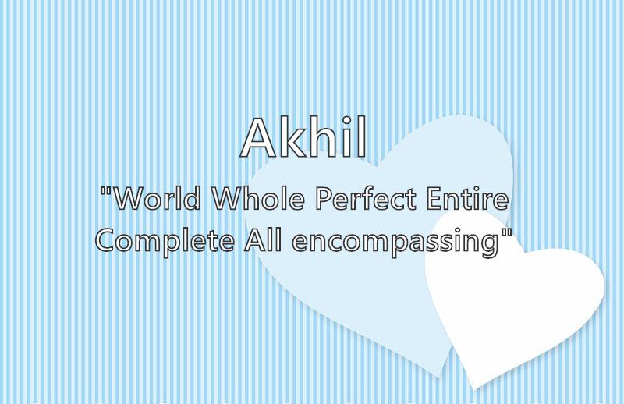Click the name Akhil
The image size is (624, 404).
pyautogui.click(x=303, y=137)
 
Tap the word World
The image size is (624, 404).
pyautogui.click(x=158, y=198)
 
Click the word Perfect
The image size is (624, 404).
pyautogui.click(x=366, y=198)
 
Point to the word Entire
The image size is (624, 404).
pyautogui.click(x=467, y=198)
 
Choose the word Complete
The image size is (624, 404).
pyautogui.click(x=165, y=241)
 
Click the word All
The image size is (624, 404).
pyautogui.click(x=263, y=240)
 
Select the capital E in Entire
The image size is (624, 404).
pyautogui.click(x=434, y=198)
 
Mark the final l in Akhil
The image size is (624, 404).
pyautogui.click(x=362, y=137)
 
